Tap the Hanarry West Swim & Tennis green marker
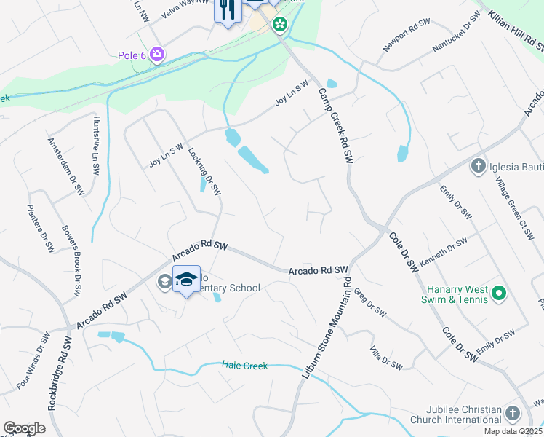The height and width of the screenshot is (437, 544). [498, 294]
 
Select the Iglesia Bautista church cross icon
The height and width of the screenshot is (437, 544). [479, 166]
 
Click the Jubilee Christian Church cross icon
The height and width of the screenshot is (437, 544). [512, 414]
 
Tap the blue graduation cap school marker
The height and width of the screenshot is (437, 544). [186, 280]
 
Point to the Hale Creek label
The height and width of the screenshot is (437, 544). [245, 366]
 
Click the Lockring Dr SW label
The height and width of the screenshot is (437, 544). [204, 172]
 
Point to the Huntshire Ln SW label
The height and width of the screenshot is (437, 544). [95, 145]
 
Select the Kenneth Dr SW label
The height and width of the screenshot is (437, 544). [442, 252]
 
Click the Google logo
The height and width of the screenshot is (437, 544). [24, 428]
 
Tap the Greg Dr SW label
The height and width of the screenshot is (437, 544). [369, 302]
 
